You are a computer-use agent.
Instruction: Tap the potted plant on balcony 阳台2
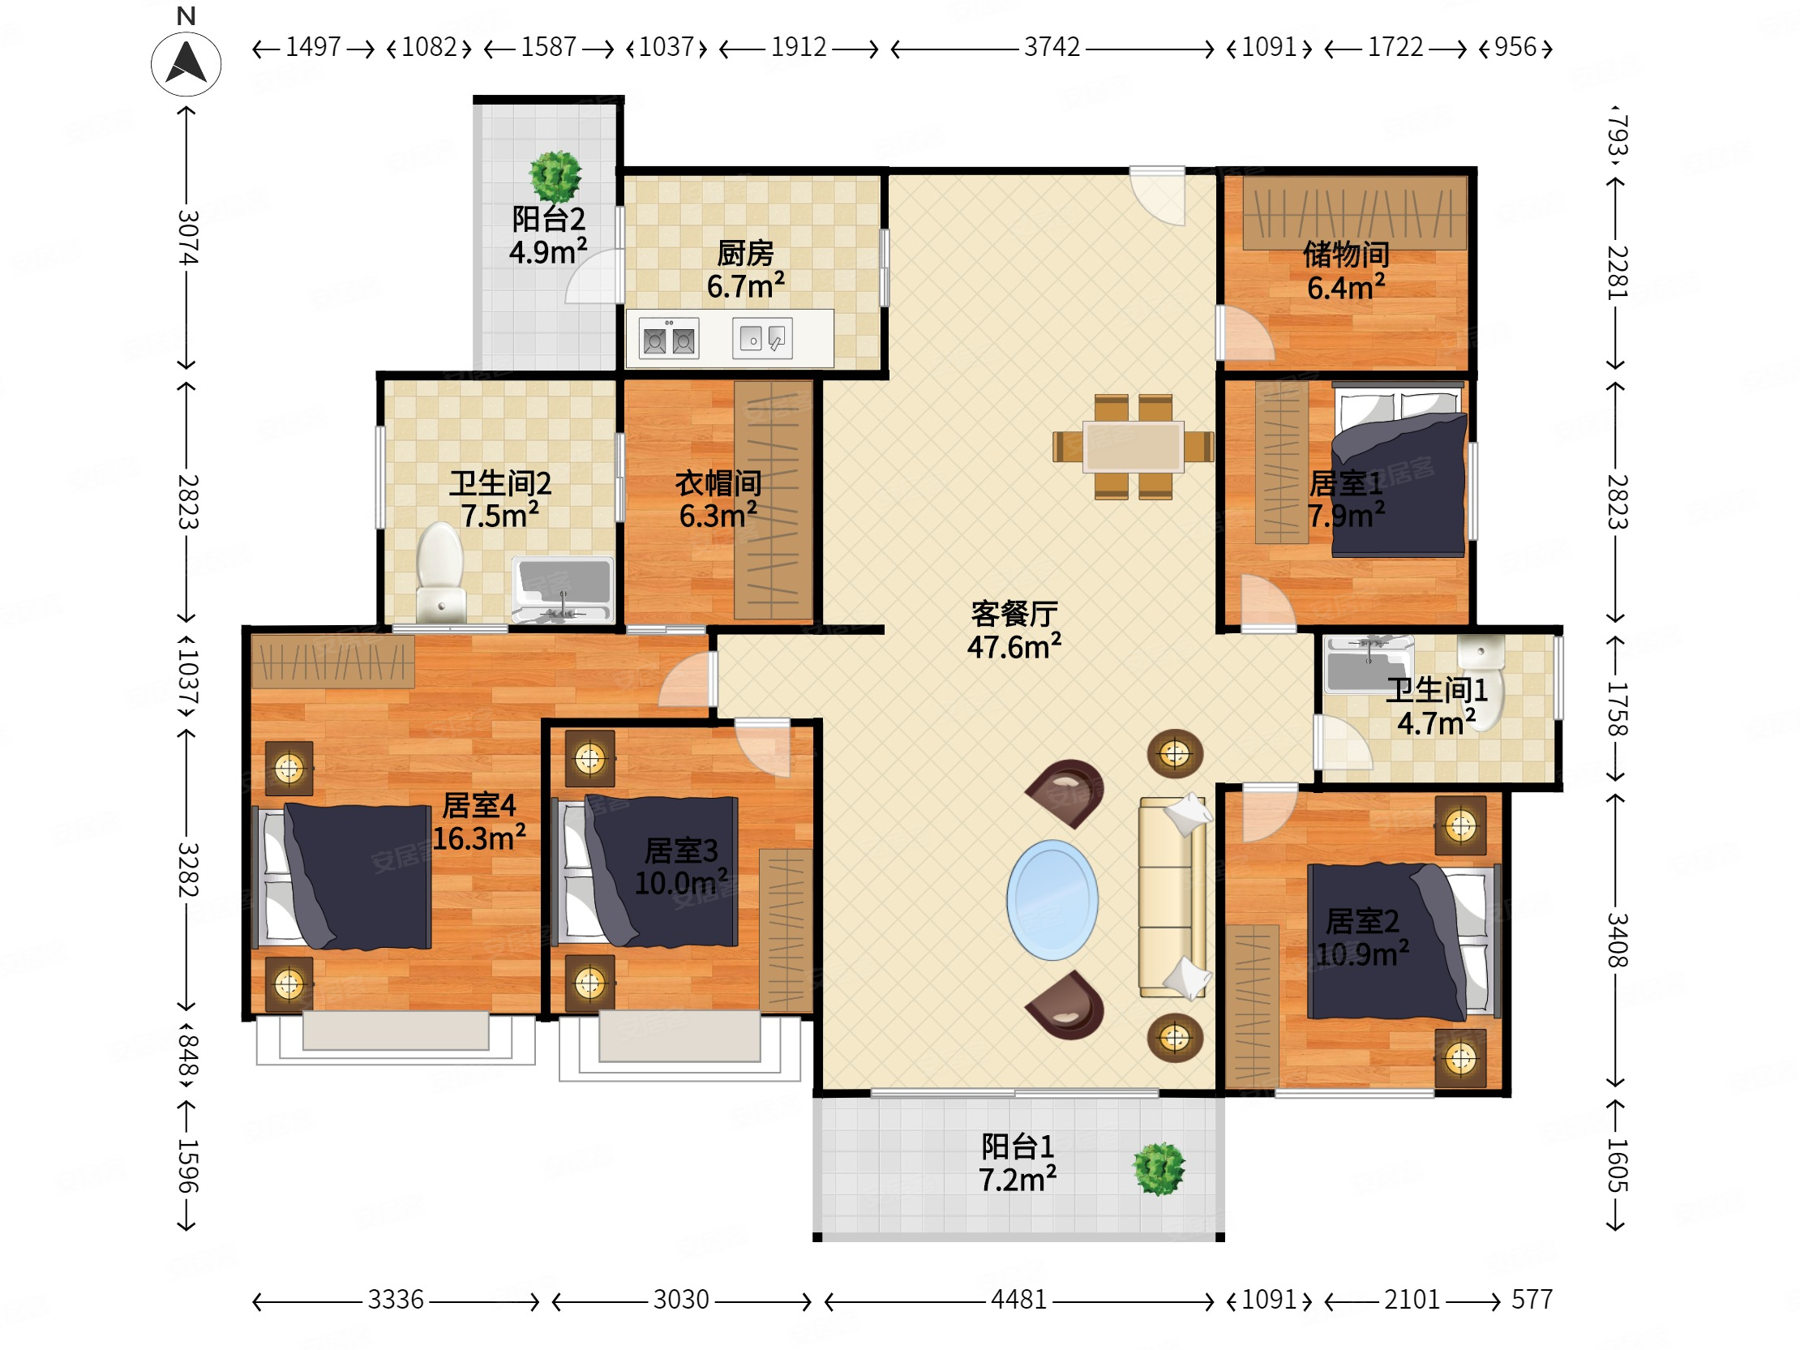pyautogui.click(x=555, y=175)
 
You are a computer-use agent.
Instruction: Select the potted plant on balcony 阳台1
pyautogui.click(x=1159, y=1168)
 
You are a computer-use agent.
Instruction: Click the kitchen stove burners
pyautogui.click(x=669, y=339)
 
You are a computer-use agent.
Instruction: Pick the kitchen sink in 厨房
pyautogui.click(x=762, y=338)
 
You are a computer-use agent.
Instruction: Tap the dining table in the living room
pyautogui.click(x=1134, y=446)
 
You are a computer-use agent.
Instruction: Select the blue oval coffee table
pyautogui.click(x=1052, y=900)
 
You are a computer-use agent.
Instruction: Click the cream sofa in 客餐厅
pyautogui.click(x=1172, y=897)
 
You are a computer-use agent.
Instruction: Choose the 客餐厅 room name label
pyautogui.click(x=1014, y=614)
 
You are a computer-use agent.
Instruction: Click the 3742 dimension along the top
pyautogui.click(x=1052, y=47)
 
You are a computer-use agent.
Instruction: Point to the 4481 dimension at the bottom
pyautogui.click(x=1019, y=1300)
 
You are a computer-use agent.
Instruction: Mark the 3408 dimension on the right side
pyautogui.click(x=1616, y=940)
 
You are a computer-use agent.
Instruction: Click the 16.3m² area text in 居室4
pyautogui.click(x=478, y=838)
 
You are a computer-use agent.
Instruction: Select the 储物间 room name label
pyautogui.click(x=1346, y=255)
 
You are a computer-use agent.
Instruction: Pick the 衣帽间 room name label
pyautogui.click(x=718, y=483)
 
